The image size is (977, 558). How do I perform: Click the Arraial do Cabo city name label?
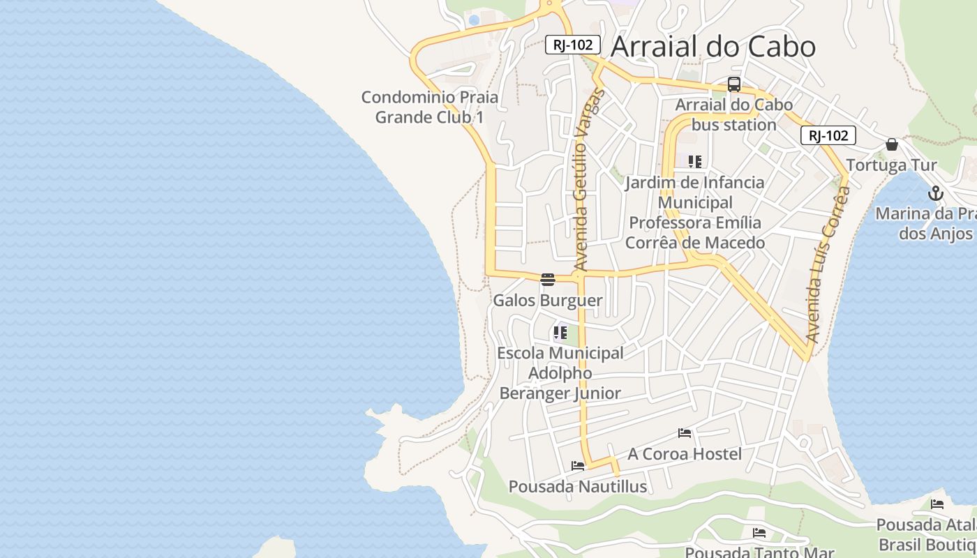(x=713, y=47)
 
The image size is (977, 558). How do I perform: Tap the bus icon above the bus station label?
(x=733, y=84)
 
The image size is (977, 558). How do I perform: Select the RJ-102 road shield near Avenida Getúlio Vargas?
(x=572, y=45)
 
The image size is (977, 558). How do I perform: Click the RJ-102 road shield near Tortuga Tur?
(x=828, y=135)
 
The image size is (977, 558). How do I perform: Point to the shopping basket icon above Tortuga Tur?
(x=891, y=144)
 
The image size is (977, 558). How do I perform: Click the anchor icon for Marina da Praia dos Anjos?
(x=935, y=193)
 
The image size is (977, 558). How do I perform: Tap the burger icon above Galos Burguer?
(x=548, y=280)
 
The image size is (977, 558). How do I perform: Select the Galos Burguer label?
(x=547, y=301)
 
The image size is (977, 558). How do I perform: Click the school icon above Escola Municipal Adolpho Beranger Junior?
(x=560, y=333)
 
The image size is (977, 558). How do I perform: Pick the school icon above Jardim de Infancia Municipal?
(x=694, y=162)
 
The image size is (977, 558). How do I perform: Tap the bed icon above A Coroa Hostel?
(x=684, y=433)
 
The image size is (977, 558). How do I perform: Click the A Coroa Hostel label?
(x=684, y=454)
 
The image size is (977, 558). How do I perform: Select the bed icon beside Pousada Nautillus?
(x=578, y=465)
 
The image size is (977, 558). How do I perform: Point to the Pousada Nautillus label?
(x=577, y=486)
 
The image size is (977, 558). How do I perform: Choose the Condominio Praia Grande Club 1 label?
(x=429, y=107)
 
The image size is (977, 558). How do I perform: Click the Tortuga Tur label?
(x=891, y=165)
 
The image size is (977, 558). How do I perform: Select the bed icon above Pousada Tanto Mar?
(x=759, y=533)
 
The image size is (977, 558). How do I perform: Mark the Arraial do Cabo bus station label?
(x=733, y=115)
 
